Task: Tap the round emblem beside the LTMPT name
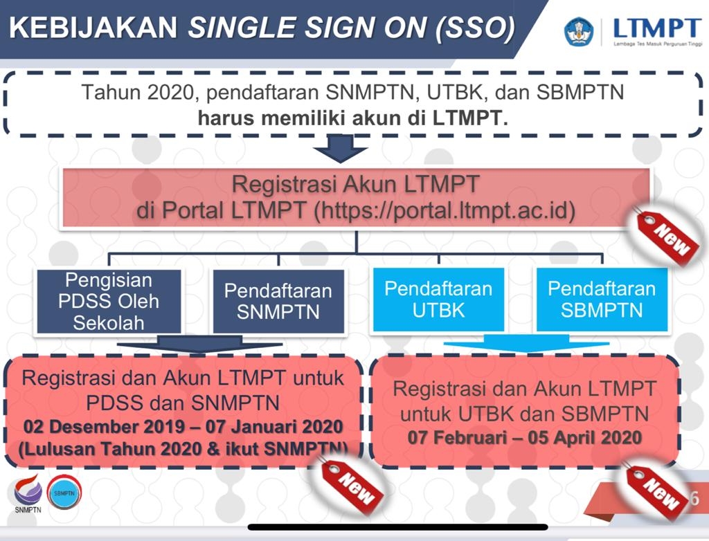click(579, 31)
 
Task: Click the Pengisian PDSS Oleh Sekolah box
click(109, 302)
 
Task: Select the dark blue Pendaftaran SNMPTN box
click(278, 302)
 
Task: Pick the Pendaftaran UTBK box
click(438, 299)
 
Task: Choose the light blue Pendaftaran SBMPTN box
click(602, 299)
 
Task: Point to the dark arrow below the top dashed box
click(340, 149)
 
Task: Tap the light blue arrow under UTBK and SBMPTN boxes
click(526, 344)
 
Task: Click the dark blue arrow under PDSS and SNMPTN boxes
click(199, 345)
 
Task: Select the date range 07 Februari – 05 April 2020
click(524, 438)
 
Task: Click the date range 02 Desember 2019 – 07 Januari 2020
click(184, 425)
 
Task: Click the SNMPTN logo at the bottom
click(28, 496)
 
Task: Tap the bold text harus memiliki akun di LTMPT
click(352, 117)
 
